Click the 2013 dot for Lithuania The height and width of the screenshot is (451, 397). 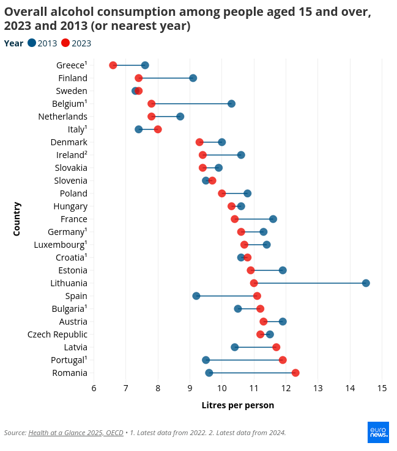click(x=366, y=283)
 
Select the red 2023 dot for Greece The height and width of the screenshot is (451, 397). click(x=113, y=65)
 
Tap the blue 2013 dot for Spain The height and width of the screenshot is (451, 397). click(x=196, y=296)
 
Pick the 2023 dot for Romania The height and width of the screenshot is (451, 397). click(x=295, y=373)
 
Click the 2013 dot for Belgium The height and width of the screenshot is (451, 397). click(x=231, y=104)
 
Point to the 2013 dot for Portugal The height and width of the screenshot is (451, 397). click(x=206, y=360)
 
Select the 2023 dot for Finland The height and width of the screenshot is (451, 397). click(x=139, y=78)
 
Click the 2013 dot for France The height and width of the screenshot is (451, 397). click(x=273, y=219)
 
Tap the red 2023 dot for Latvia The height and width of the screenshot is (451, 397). click(x=276, y=347)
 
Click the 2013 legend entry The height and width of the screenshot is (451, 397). click(x=42, y=43)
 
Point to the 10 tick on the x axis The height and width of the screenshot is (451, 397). click(x=221, y=388)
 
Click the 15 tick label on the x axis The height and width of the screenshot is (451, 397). click(x=382, y=388)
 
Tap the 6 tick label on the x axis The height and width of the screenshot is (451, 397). click(x=94, y=388)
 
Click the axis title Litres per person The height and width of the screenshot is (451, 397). click(x=237, y=405)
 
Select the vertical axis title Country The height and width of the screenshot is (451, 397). click(x=17, y=219)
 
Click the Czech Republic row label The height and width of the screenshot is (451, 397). click(x=58, y=334)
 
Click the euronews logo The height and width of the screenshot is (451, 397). click(x=378, y=432)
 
